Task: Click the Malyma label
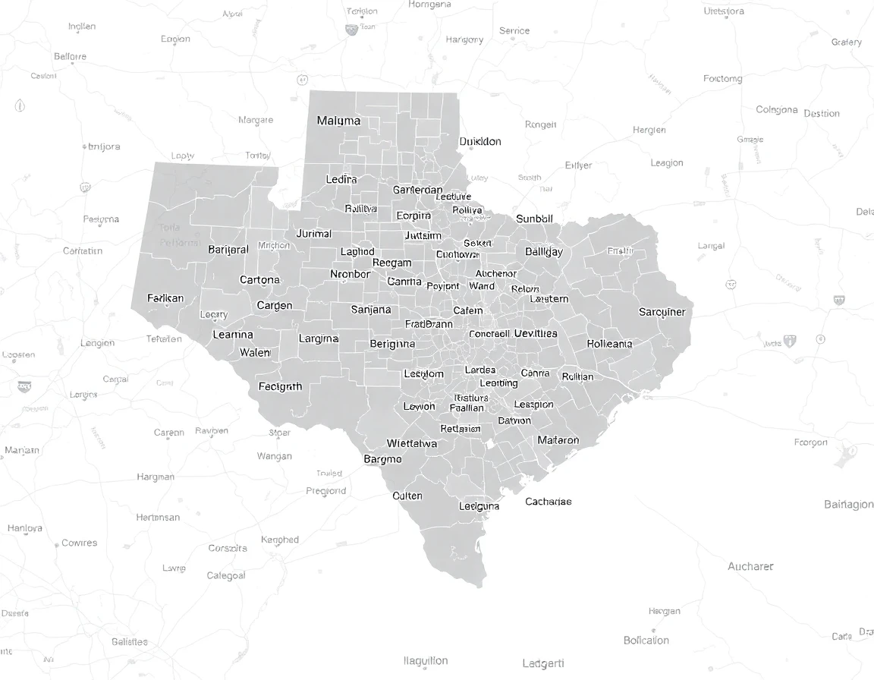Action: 338,121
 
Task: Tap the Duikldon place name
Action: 480,141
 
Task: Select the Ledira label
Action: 341,180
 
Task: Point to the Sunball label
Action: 534,219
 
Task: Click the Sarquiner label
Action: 662,312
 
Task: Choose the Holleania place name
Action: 609,344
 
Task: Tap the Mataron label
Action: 558,440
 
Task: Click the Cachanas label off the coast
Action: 548,502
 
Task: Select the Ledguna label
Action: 479,506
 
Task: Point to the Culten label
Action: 407,496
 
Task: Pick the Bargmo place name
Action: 382,459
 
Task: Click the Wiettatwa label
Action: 412,443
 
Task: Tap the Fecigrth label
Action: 280,386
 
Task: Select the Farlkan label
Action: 165,298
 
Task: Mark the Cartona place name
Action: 259,280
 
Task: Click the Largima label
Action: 319,338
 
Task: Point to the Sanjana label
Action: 371,310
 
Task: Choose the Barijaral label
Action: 228,250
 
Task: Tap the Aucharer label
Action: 750,566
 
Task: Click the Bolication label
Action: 646,641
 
